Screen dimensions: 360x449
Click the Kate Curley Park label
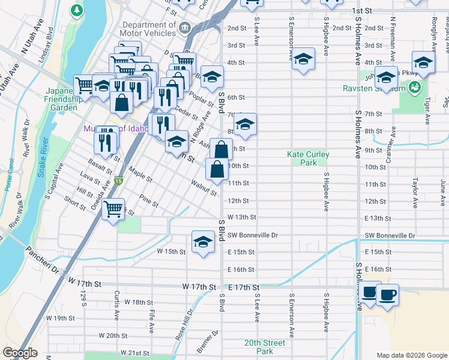309,158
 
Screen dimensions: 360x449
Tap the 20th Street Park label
264,347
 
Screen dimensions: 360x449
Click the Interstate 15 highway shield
118,180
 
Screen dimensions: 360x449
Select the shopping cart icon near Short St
113,209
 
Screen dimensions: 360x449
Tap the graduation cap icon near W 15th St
203,242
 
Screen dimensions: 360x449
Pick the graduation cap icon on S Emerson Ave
303,59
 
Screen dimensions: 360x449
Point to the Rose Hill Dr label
184,325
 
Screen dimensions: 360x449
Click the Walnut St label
203,187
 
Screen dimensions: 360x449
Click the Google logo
20,353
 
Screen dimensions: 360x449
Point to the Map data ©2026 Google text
411,355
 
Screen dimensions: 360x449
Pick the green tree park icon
76,10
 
